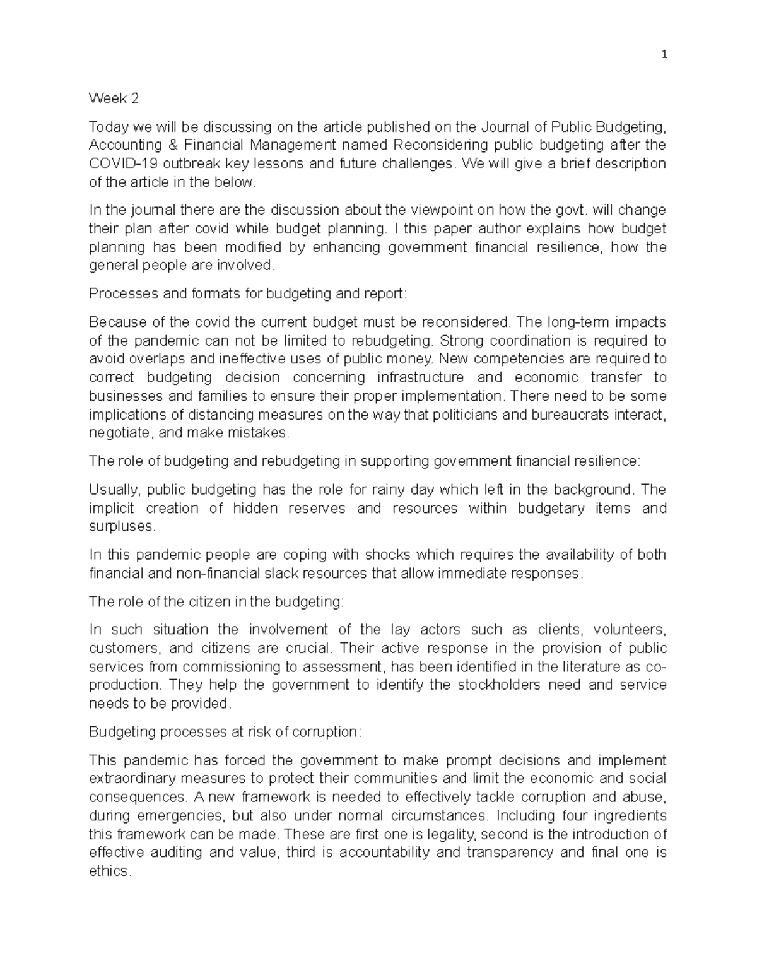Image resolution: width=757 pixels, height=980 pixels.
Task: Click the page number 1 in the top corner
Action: click(x=664, y=55)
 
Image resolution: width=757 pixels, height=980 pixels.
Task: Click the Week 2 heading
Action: click(x=114, y=98)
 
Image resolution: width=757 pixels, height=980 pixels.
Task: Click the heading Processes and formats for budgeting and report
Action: click(x=249, y=293)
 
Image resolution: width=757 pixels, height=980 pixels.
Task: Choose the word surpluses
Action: click(x=121, y=526)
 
